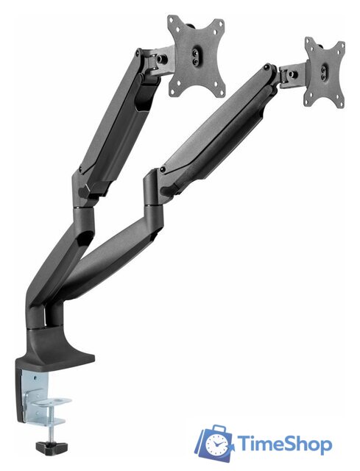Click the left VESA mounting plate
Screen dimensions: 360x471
pos(196,57)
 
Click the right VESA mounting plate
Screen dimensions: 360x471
pos(325,72)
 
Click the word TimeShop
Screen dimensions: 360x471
pos(285,444)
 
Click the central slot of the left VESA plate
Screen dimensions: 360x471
pos(196,57)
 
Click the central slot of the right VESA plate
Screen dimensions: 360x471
pos(325,73)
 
